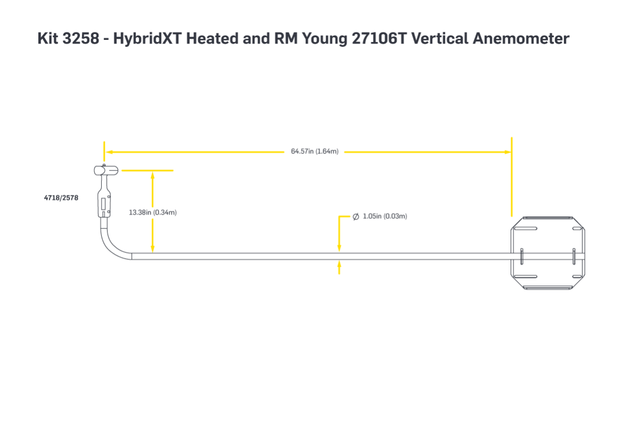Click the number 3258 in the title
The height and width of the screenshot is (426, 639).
81,38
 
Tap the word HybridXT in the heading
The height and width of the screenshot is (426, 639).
147,38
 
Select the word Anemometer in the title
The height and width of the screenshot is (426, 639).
521,38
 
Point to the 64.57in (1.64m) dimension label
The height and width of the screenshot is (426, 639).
314,152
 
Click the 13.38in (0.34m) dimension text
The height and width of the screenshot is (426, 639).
153,212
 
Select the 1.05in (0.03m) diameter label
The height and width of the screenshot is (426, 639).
385,216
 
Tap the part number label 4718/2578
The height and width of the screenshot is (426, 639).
61,198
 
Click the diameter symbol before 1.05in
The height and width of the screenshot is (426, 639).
356,217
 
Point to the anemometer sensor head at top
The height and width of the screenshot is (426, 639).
107,170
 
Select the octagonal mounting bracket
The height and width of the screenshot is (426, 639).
548,253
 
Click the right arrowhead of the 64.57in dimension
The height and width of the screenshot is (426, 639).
507,152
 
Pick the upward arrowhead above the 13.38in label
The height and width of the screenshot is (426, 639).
152,176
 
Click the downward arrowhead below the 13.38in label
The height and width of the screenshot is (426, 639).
152,249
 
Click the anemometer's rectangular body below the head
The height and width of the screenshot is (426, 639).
104,202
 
